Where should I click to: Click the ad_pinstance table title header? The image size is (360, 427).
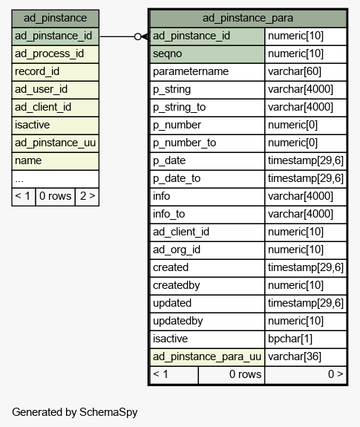point(55,19)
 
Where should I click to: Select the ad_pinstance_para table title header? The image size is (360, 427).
point(248,19)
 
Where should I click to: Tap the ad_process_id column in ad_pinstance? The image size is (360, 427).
point(55,54)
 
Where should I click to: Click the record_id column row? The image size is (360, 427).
point(55,72)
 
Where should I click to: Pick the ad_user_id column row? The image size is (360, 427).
point(55,90)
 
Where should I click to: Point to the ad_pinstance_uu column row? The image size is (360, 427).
point(55,143)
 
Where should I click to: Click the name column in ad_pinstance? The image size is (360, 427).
point(55,161)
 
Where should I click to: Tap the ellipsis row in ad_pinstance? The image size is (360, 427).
point(55,179)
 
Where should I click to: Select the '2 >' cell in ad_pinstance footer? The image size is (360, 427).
point(87,197)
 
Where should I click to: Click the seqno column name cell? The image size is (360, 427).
point(207,54)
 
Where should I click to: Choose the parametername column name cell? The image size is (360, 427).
point(207,72)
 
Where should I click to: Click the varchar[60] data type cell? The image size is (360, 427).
point(306,72)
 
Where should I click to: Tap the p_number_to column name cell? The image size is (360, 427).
point(207,143)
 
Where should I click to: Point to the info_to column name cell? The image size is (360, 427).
point(207,215)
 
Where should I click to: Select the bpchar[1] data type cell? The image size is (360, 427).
point(306,339)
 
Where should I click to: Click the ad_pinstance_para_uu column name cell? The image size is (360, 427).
point(207,357)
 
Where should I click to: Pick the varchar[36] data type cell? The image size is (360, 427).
point(306,357)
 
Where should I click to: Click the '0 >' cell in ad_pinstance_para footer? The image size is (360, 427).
point(306,375)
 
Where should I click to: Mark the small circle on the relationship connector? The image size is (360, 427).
point(138,36)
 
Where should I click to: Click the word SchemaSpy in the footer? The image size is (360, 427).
point(108,412)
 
